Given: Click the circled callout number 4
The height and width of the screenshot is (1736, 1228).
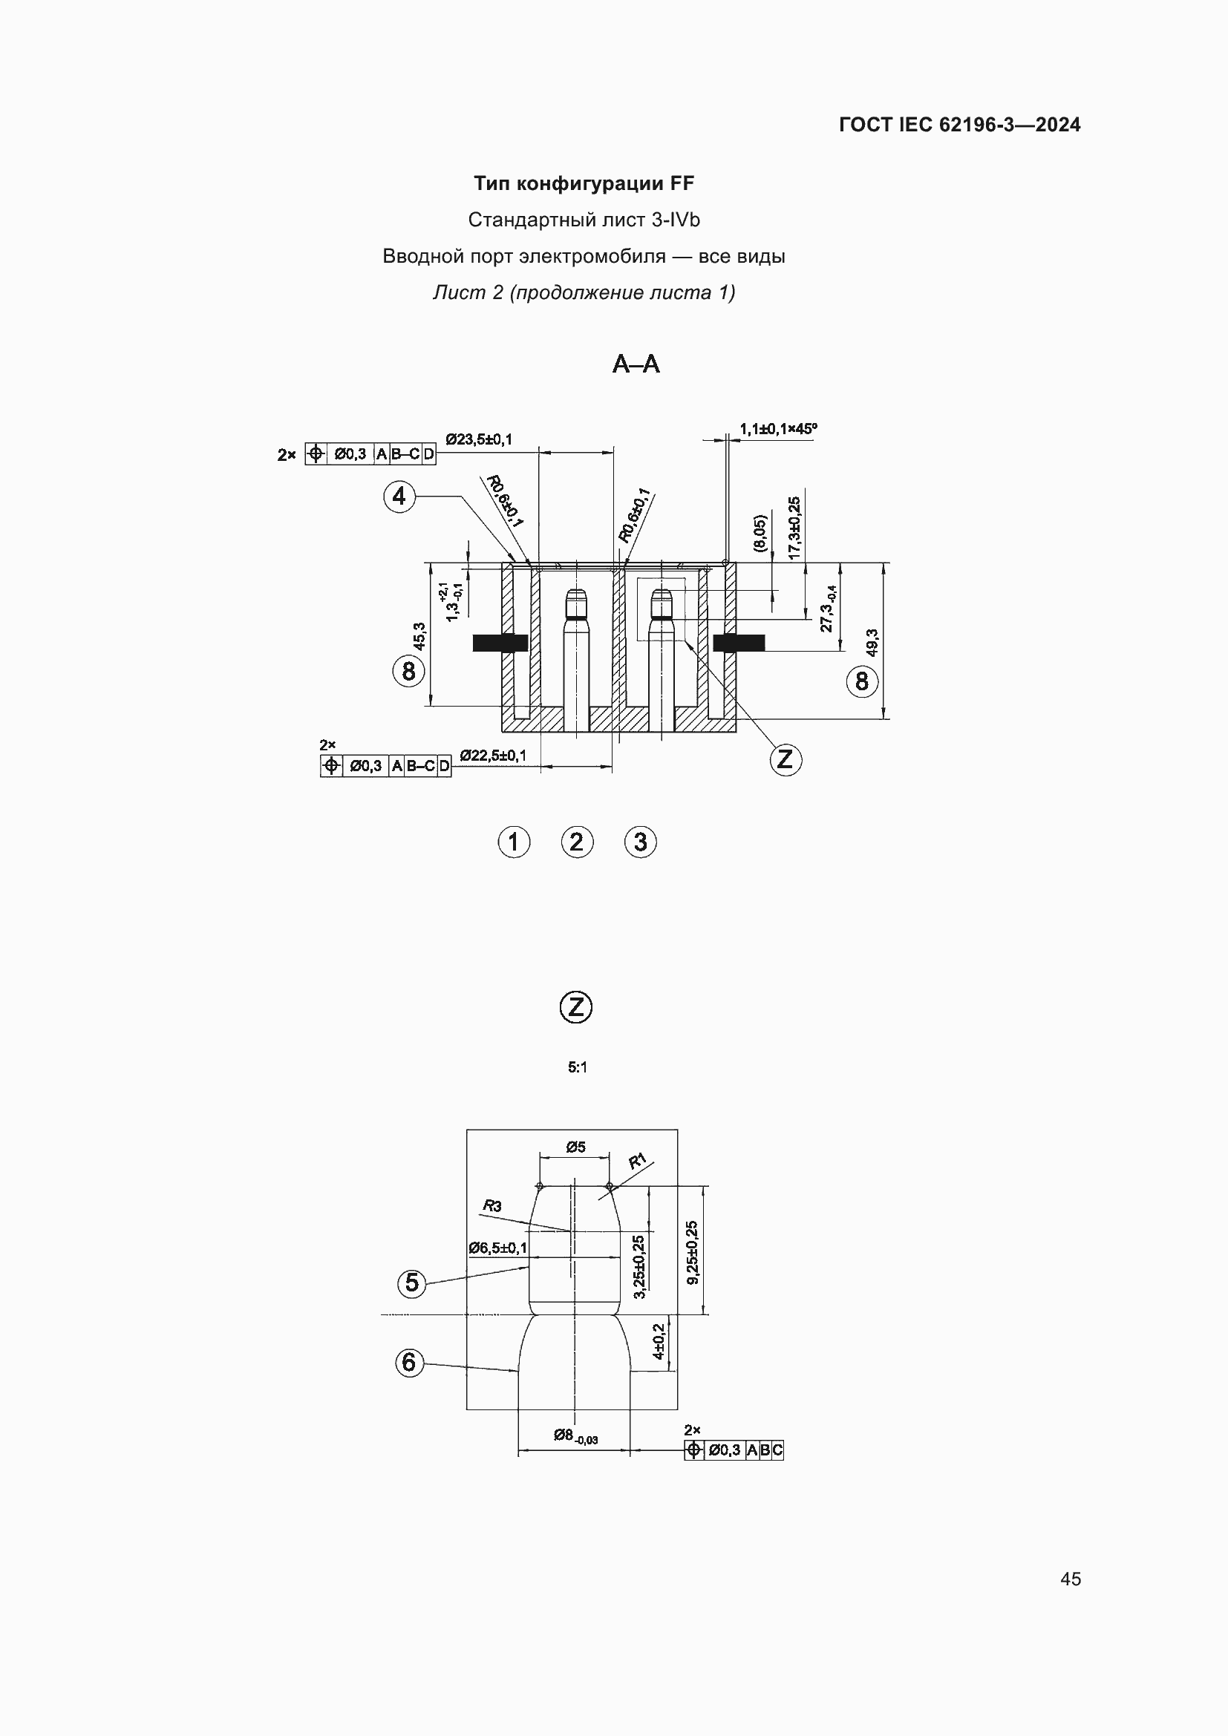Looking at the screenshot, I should [x=399, y=497].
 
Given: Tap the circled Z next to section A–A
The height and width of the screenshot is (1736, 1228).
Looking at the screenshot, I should [x=786, y=759].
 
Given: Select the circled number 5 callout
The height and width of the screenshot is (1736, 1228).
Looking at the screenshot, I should [x=411, y=1282].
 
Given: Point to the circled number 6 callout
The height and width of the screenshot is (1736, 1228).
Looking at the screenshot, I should [x=409, y=1363].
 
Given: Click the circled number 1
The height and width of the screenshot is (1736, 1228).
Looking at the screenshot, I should [x=514, y=842].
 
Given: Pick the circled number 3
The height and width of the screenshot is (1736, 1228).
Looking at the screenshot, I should [x=641, y=842].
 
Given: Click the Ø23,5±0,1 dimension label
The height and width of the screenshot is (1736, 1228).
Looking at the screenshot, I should [x=479, y=439].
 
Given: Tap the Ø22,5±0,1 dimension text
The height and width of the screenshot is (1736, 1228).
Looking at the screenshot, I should [x=493, y=756].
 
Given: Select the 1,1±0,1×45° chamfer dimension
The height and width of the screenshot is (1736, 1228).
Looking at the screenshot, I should [x=778, y=429].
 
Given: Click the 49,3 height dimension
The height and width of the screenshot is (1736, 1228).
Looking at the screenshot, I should [x=872, y=642].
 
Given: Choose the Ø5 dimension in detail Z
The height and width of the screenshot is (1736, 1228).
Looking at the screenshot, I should [x=575, y=1147].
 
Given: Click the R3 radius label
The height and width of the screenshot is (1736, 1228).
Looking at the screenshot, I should [x=492, y=1206].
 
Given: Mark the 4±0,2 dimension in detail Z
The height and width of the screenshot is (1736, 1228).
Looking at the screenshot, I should [x=658, y=1341].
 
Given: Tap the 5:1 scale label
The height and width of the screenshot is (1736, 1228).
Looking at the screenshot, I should [x=577, y=1067].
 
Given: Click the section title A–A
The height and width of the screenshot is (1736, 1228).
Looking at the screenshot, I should [x=636, y=364].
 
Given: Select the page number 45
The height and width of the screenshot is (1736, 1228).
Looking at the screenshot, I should [x=1070, y=1579].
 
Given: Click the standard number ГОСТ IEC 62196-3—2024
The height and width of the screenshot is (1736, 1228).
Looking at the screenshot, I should [x=959, y=125].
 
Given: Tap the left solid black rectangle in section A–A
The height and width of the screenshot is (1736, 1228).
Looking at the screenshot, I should [x=500, y=643].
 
